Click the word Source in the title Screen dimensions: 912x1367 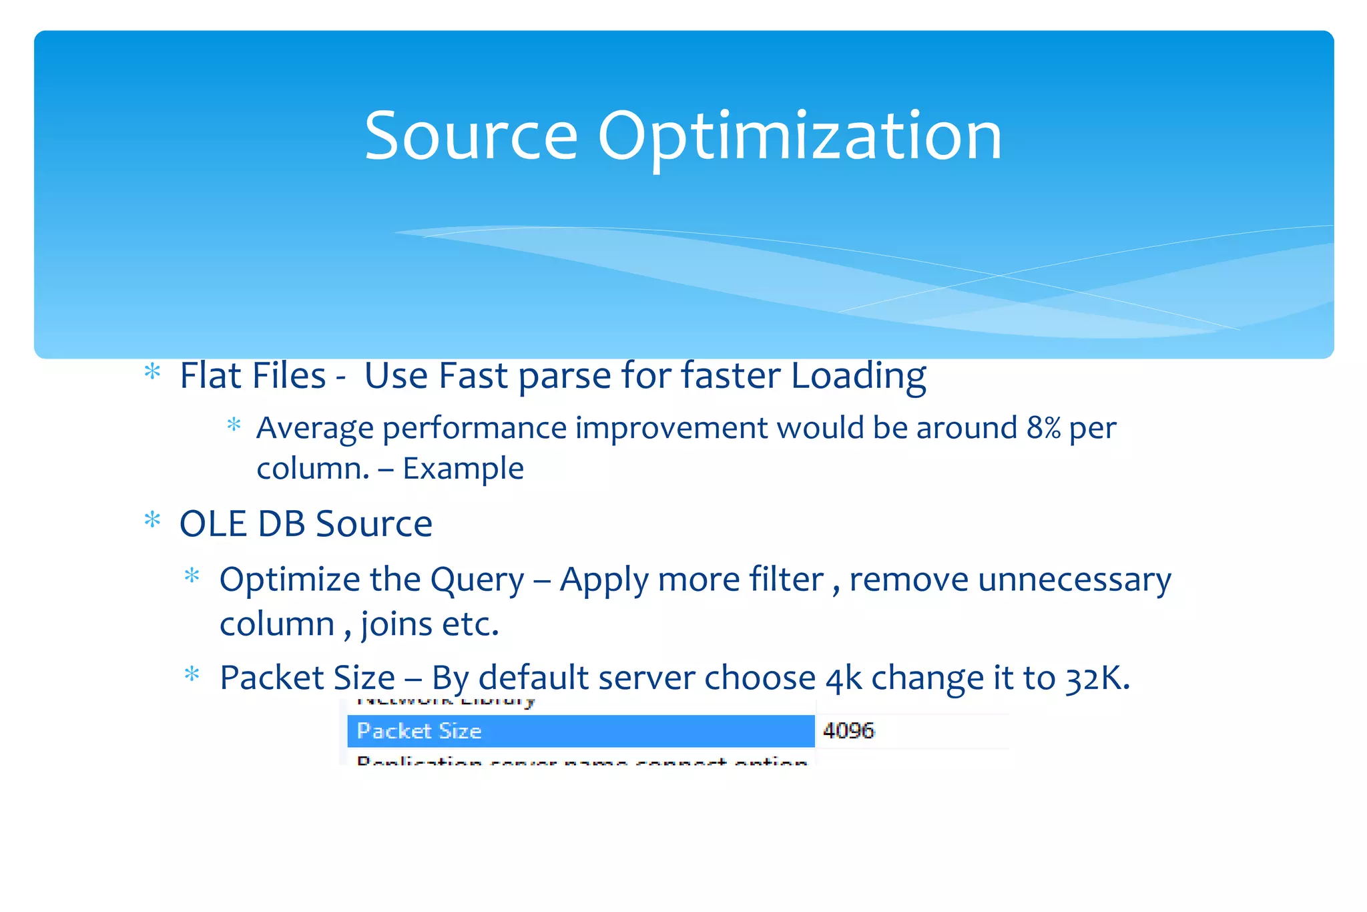click(x=471, y=137)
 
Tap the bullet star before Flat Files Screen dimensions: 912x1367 click(x=153, y=372)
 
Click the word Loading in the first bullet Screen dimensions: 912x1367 click(x=858, y=376)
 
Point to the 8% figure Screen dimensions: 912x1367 click(x=1043, y=428)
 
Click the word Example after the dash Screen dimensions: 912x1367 click(x=463, y=469)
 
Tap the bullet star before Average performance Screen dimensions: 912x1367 click(x=234, y=425)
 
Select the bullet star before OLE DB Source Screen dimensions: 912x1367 click(x=153, y=520)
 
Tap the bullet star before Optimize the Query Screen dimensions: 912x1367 click(x=192, y=576)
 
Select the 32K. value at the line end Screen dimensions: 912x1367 click(x=1097, y=678)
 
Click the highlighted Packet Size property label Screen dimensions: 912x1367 click(x=419, y=731)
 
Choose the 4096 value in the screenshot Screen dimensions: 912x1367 click(x=848, y=731)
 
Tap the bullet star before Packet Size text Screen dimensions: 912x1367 click(x=192, y=674)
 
